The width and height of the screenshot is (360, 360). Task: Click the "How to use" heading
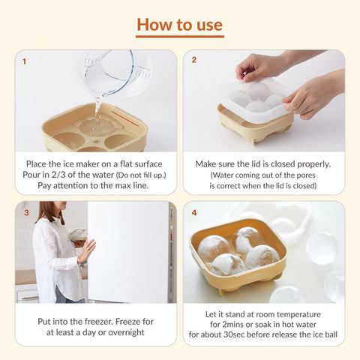[180, 23]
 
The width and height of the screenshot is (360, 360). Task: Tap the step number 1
[24, 61]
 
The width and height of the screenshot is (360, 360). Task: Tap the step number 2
[194, 60]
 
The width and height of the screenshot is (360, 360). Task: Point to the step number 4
[194, 212]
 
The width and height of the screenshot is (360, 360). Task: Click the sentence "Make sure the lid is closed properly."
[264, 163]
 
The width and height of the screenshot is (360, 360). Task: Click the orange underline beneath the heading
[180, 37]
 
